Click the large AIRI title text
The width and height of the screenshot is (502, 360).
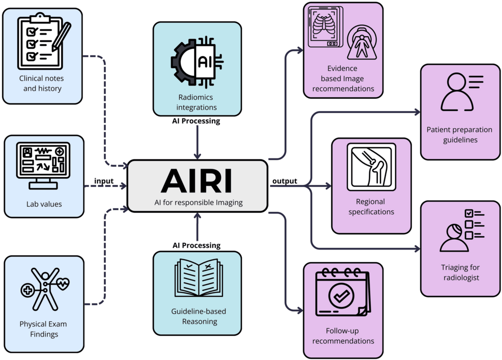tap(197, 180)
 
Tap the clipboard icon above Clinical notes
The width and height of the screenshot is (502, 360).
tap(42, 43)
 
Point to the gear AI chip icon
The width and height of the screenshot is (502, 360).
tap(197, 62)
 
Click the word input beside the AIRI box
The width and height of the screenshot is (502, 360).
tap(104, 181)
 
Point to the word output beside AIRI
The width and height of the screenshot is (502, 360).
tap(285, 181)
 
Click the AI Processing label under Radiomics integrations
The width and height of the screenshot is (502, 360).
tap(197, 121)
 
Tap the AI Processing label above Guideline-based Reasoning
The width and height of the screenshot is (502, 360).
tap(197, 245)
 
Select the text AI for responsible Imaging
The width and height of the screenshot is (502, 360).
tap(199, 203)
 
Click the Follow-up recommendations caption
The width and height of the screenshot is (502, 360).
tap(343, 336)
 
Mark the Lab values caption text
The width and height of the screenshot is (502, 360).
tap(44, 204)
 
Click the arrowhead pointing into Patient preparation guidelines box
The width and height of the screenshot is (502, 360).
tap(417, 113)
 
